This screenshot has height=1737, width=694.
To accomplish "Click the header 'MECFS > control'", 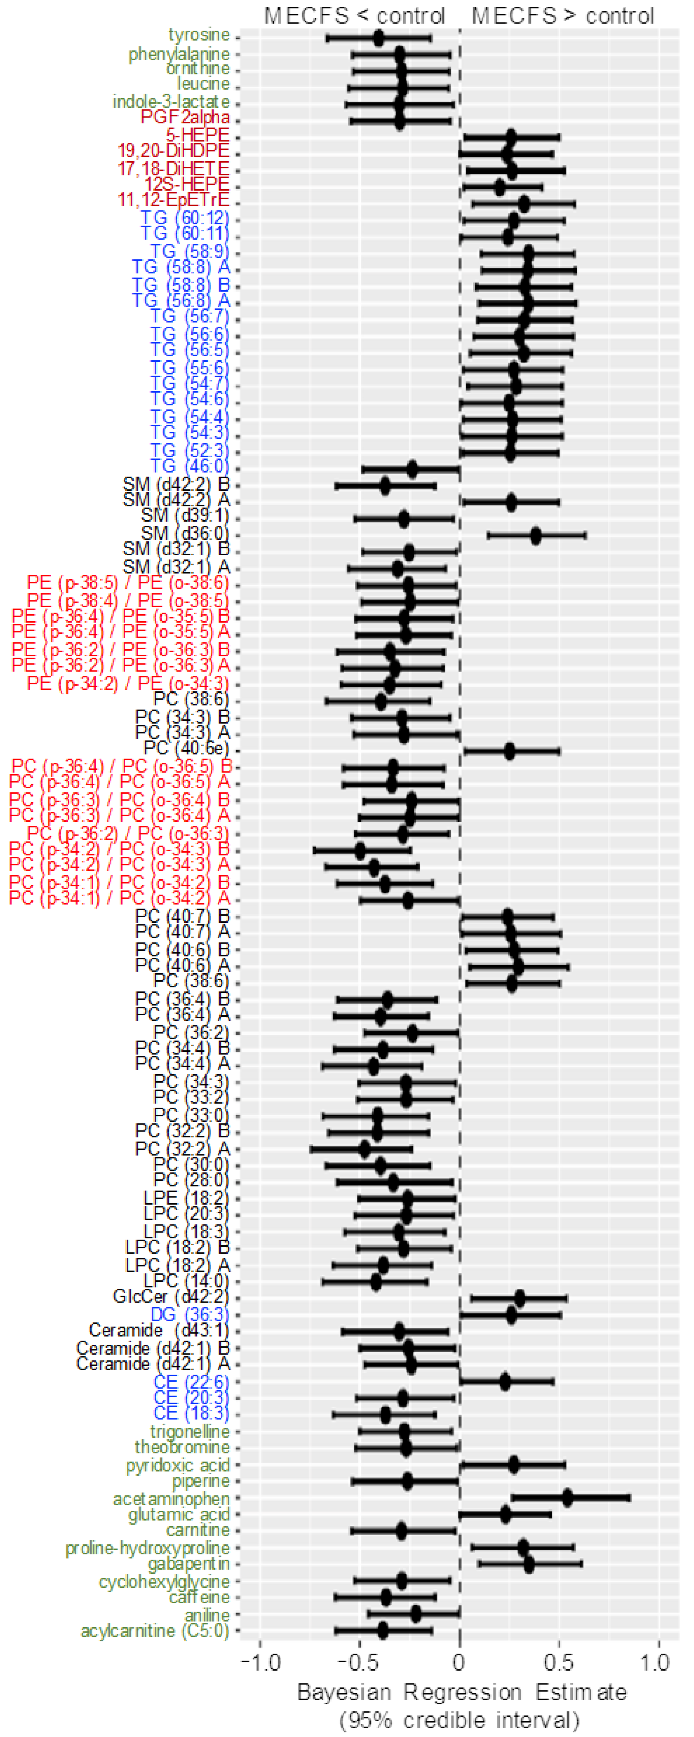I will (563, 15).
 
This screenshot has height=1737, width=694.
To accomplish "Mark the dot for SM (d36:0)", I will (536, 536).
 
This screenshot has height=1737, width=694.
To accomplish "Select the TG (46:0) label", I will (190, 466).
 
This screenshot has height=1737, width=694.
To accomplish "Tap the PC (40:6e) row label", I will (186, 749).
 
